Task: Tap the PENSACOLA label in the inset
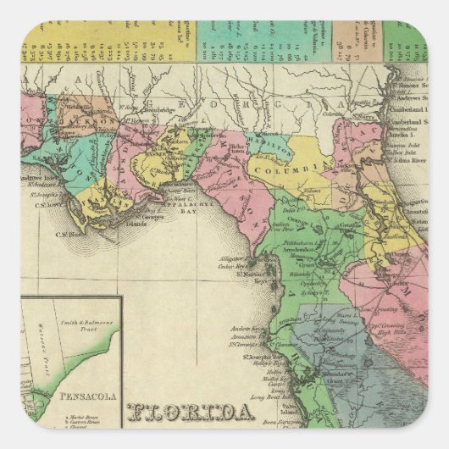[77, 395]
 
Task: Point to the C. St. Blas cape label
[69, 235]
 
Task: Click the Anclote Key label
[244, 328]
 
